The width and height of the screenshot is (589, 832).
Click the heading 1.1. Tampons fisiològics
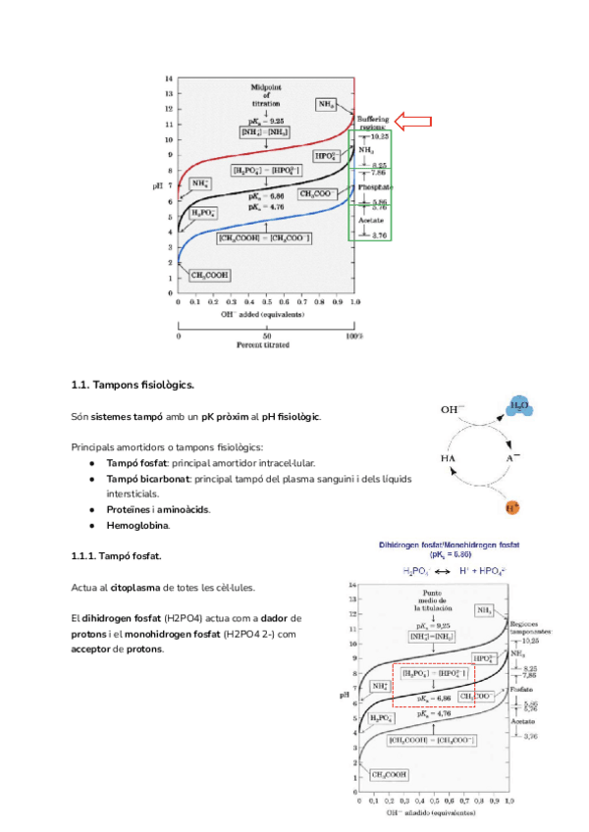click(133, 385)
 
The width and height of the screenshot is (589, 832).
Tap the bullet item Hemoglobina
click(137, 526)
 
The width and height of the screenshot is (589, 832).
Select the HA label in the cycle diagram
click(448, 458)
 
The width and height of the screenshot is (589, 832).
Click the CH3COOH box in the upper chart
click(211, 276)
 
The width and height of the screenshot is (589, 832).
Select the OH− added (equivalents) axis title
click(262, 315)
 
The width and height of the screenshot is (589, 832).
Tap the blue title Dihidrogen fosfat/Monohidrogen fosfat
click(450, 545)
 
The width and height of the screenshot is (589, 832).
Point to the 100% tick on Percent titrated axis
click(355, 337)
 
